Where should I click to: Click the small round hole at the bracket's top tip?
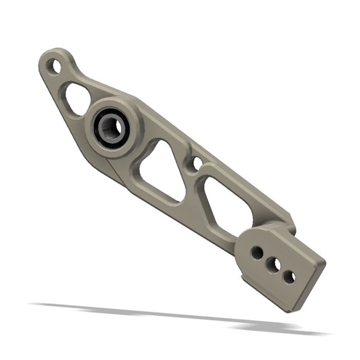pos(53,66)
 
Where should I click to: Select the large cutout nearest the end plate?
pos(228,203)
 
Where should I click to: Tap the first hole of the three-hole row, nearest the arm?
pos(256,253)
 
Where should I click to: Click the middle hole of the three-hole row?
pos(273,265)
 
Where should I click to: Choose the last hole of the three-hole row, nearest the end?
pos(290,277)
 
